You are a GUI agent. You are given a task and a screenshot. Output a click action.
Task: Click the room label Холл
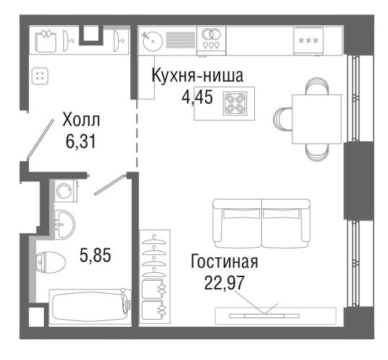click(x=81, y=120)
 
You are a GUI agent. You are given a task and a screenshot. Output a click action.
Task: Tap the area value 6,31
click(x=81, y=142)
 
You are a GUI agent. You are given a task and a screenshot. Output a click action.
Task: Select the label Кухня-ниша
click(x=197, y=75)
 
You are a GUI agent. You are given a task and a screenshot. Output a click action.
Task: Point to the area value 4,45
click(x=197, y=97)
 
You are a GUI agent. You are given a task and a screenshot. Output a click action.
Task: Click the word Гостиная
click(x=225, y=262)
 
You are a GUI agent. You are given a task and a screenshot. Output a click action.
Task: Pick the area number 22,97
click(x=225, y=283)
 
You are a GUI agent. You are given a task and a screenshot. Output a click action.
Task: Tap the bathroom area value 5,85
click(x=95, y=255)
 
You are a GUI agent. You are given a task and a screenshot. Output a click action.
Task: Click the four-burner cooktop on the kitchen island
click(x=235, y=104)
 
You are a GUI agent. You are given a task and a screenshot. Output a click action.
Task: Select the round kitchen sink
click(x=153, y=41)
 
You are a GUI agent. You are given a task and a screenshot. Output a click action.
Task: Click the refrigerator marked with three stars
click(x=308, y=41)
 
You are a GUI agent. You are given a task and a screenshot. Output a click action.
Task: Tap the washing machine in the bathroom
click(x=66, y=190)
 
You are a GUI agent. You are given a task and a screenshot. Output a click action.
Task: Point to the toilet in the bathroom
click(x=50, y=262)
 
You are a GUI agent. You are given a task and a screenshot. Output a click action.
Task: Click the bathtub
click(x=90, y=307)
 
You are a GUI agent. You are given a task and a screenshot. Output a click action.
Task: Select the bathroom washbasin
click(x=64, y=225)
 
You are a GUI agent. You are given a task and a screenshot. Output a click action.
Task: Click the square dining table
click(x=317, y=119)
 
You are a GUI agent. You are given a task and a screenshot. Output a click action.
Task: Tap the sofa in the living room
click(x=261, y=223)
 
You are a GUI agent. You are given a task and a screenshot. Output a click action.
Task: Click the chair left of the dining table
click(x=283, y=119)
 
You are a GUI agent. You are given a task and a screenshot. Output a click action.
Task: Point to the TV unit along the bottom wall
click(x=276, y=315)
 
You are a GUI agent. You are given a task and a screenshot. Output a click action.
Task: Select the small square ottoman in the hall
click(x=40, y=76)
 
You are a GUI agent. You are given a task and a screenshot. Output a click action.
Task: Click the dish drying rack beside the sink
click(x=181, y=40)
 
